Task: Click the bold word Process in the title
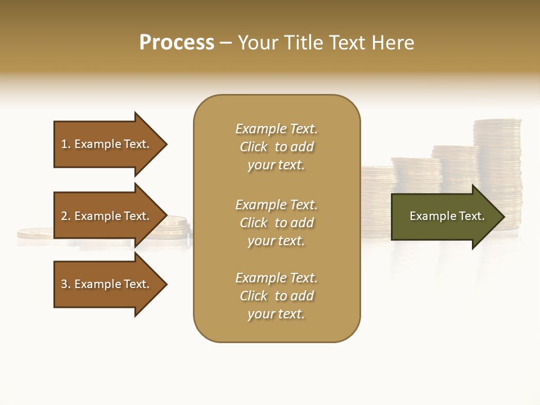(177, 43)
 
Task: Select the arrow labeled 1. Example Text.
(107, 144)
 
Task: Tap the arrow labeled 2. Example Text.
(107, 216)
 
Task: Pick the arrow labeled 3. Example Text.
(107, 284)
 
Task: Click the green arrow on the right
(444, 216)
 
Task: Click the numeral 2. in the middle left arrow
(65, 216)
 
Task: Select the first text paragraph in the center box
(276, 147)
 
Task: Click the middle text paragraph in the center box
(276, 223)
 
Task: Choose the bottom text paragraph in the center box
(276, 296)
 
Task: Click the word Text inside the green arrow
(472, 216)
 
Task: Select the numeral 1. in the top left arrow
(65, 144)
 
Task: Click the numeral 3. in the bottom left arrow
(65, 284)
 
